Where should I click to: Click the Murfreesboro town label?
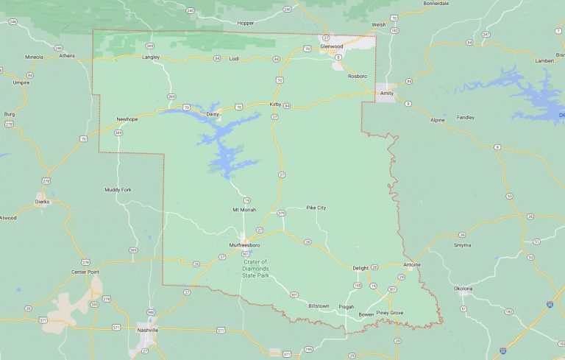pos(244,244)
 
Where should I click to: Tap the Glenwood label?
pos(332,46)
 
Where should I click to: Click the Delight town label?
pos(360,268)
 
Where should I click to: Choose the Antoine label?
pos(412,264)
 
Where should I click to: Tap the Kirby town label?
pos(275,105)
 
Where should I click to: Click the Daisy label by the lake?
pos(213,114)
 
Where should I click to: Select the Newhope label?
pos(127,119)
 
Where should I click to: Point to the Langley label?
pos(150,57)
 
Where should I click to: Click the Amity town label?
pos(386,85)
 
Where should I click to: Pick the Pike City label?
pos(316,208)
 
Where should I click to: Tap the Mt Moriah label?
pos(244,210)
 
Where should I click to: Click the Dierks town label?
pos(43,200)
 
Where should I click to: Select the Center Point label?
pos(85,272)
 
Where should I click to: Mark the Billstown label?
pos(319,305)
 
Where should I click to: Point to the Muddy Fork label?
pos(118,189)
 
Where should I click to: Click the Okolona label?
pos(463,288)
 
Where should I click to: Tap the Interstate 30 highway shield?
pos(550,303)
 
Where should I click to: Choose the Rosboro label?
pos(357,76)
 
